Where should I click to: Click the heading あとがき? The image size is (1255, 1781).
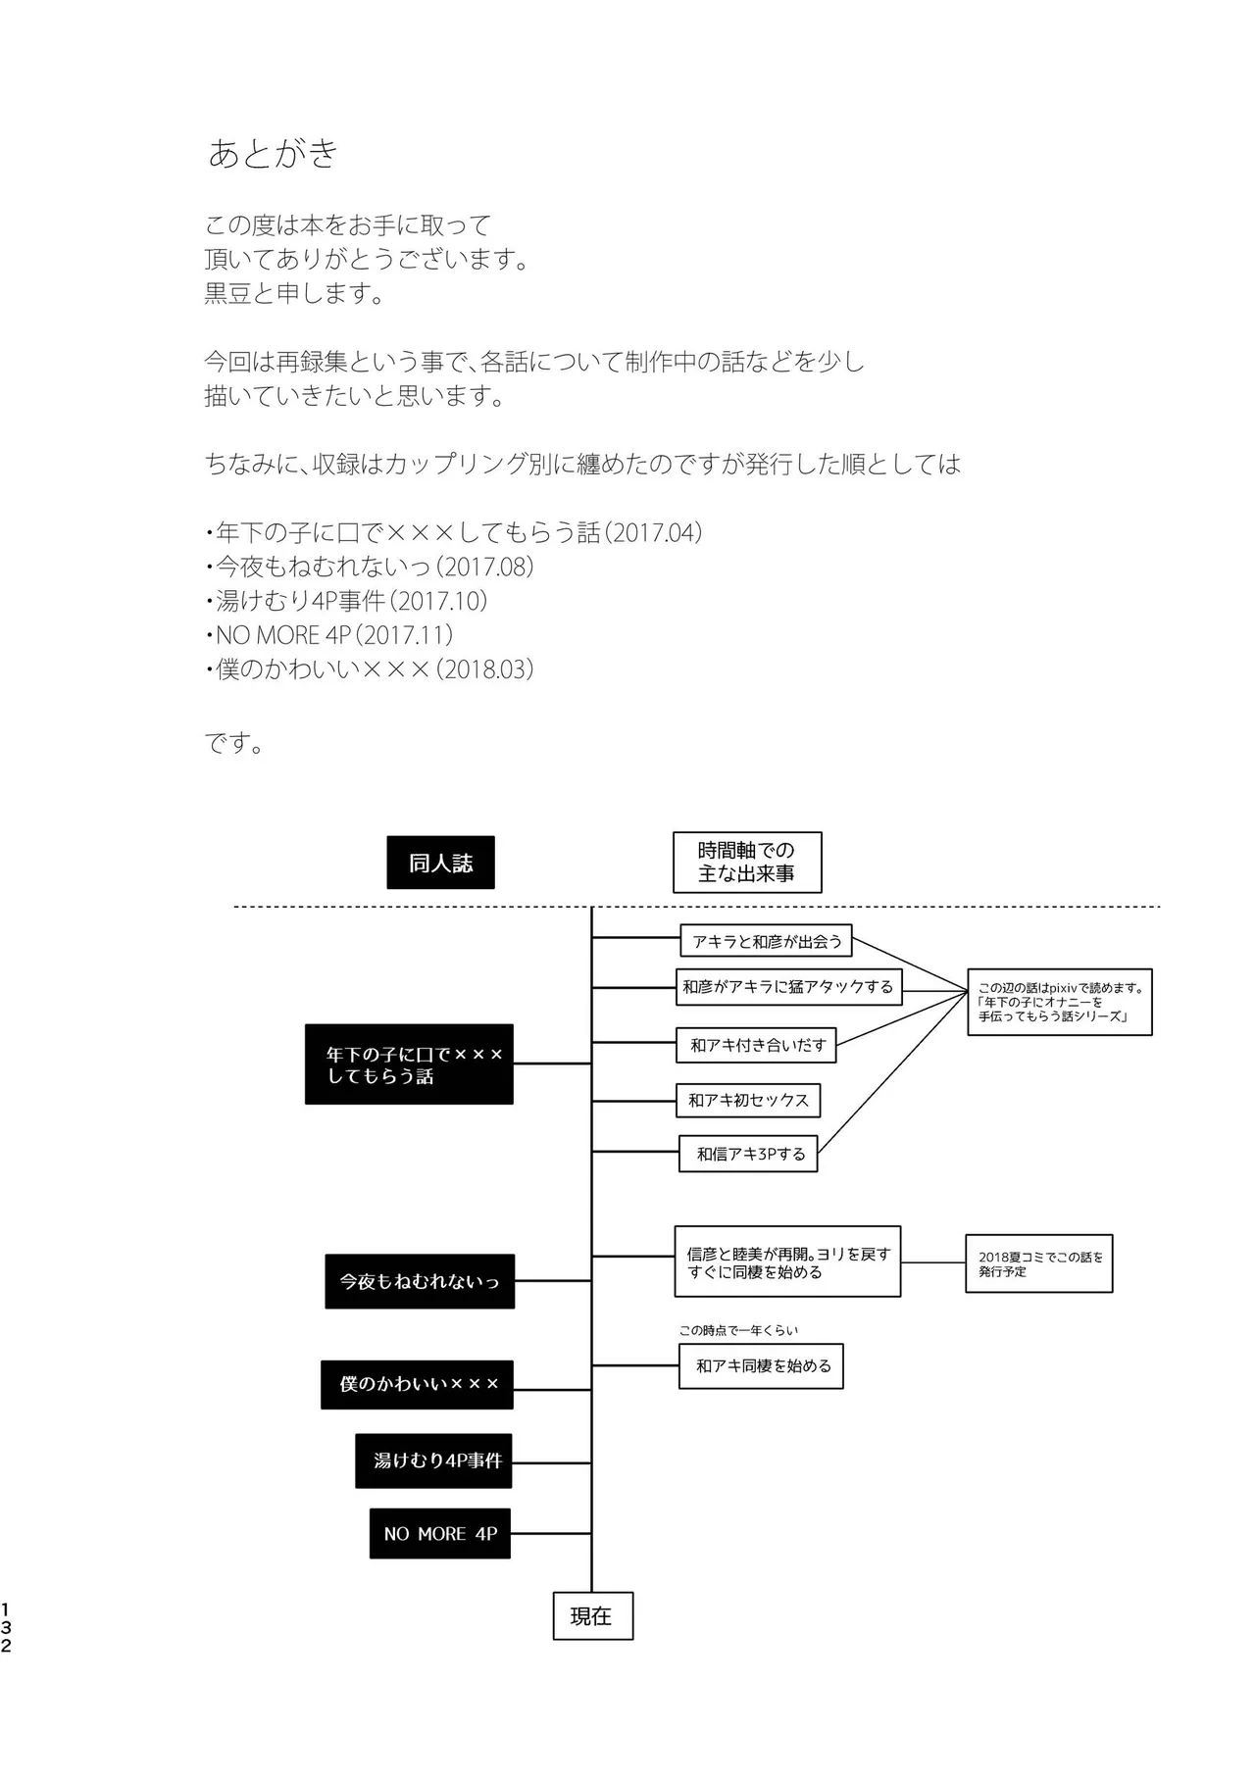pos(274,153)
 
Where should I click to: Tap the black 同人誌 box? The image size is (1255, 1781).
pos(440,863)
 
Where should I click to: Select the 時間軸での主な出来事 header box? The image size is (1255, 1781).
pos(746,863)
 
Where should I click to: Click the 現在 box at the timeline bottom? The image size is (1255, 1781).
pos(592,1616)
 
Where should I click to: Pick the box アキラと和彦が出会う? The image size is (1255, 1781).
pos(766,941)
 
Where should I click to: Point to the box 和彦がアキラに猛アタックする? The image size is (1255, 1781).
pos(788,987)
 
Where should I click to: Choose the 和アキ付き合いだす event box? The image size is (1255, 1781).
pos(757,1046)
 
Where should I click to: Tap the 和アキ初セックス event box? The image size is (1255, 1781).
pos(748,1100)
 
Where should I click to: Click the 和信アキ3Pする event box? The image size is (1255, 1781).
pos(749,1154)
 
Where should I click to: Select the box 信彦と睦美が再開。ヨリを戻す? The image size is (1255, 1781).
pos(787,1262)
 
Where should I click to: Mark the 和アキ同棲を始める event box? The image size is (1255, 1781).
pos(762,1365)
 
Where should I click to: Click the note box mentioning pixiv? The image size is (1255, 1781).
pos(1059,1002)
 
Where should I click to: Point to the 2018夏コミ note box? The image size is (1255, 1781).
pos(1038,1263)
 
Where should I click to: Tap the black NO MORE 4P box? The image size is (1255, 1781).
pos(440,1534)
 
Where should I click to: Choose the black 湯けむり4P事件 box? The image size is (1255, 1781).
pos(433,1460)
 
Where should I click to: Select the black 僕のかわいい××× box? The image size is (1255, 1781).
pos(417,1384)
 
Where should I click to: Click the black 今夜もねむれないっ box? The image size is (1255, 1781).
pos(420,1281)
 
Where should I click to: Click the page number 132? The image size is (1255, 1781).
pos(7,1627)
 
